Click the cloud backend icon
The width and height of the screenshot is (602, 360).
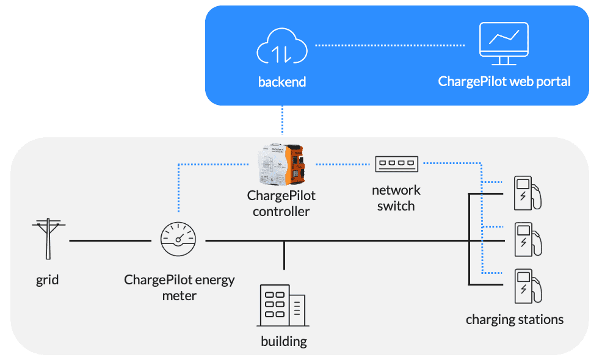281,49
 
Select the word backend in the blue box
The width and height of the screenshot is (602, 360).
281,82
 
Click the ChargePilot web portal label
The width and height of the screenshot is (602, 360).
504,82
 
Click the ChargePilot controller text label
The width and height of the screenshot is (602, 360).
281,204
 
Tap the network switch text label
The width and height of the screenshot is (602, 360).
396,198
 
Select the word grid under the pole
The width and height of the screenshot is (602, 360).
48,280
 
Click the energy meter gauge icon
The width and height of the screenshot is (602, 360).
178,240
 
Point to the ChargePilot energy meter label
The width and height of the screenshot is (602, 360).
179,287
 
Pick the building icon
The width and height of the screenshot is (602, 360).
281,306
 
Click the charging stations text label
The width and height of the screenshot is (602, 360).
515,319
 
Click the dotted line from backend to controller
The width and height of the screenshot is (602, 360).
283,120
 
